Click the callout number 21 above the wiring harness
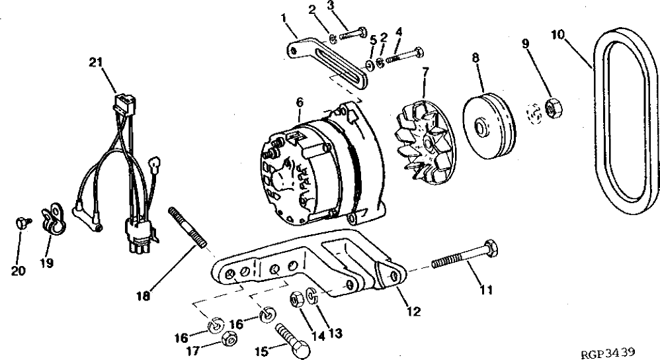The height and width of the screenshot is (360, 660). point(97,63)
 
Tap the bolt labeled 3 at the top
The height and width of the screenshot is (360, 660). point(355,32)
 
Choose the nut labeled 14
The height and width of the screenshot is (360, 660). point(296,300)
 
